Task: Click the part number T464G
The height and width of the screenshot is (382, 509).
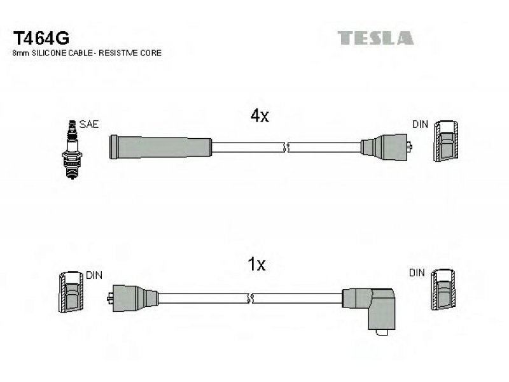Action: click(41, 38)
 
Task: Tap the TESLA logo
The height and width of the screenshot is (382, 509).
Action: click(375, 38)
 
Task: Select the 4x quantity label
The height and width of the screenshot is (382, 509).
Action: click(260, 115)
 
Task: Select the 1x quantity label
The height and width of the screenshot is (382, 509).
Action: click(256, 264)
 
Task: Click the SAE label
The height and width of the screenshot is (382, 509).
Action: click(89, 124)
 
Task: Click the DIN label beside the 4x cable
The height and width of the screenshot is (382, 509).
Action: click(420, 124)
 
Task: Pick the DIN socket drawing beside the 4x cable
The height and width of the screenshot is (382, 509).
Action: click(446, 141)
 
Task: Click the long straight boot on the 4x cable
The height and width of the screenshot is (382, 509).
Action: click(161, 147)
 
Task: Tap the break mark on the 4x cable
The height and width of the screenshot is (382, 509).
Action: click(286, 147)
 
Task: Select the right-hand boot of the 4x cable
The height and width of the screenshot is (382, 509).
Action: click(386, 147)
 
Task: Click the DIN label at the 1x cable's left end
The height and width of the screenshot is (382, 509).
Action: click(94, 276)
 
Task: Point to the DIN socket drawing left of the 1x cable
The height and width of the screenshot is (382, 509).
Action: click(71, 292)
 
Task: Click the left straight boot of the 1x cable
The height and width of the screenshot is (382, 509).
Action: click(132, 298)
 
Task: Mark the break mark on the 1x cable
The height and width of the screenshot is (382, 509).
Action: click(250, 298)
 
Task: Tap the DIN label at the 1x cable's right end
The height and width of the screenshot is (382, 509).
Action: click(417, 273)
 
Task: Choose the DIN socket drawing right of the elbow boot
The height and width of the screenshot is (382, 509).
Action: click(443, 289)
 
